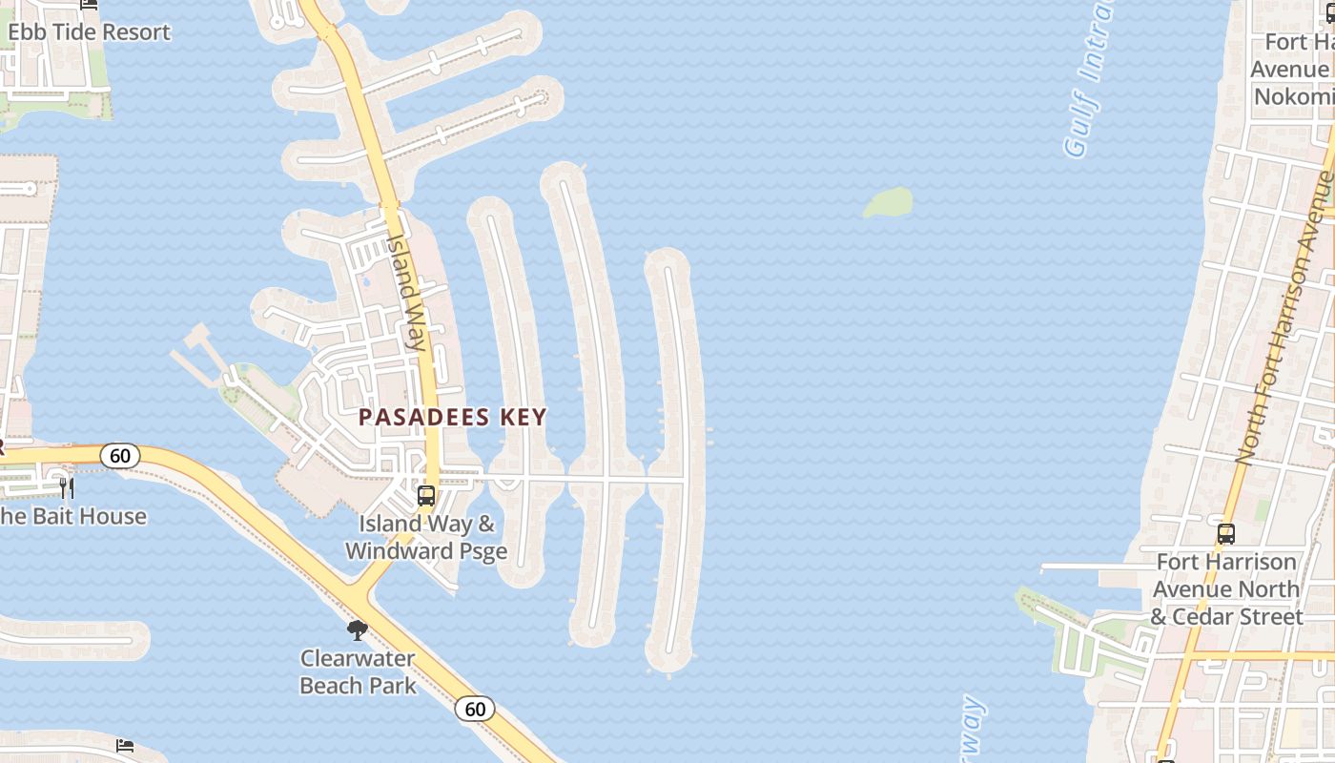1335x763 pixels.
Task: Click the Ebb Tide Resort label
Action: [x=89, y=31]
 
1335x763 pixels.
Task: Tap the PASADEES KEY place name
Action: [x=452, y=417]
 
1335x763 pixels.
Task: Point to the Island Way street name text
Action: [x=405, y=292]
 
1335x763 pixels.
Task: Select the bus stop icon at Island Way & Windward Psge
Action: [x=426, y=496]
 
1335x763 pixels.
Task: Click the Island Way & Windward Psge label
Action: [x=426, y=537]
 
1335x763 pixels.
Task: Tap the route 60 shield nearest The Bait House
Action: [x=120, y=456]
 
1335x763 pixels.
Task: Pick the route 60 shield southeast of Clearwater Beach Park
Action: [x=475, y=709]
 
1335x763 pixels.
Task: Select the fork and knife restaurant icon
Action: [x=67, y=488]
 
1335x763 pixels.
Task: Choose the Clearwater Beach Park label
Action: [x=359, y=671]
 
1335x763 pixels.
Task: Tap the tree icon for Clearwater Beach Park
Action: [x=358, y=629]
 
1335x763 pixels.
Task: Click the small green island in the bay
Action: [x=888, y=202]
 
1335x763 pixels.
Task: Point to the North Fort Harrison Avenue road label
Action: [x=1284, y=320]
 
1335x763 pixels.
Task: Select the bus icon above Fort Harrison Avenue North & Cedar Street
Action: [x=1226, y=534]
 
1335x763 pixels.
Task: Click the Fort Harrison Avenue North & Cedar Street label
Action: [x=1226, y=588]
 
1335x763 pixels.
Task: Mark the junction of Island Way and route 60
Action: [x=362, y=596]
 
